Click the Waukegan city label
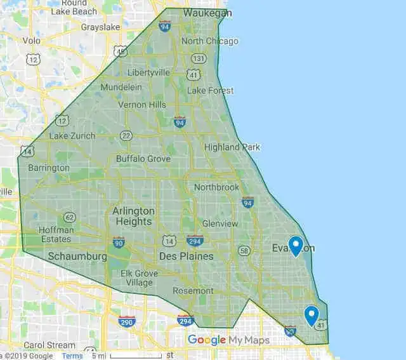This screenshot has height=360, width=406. click(207, 13)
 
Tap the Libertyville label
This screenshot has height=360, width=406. click(148, 72)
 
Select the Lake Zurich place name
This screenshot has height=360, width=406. click(72, 136)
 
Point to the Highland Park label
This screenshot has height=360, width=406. click(232, 147)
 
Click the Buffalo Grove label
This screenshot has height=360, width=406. click(143, 159)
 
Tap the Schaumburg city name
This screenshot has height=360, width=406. click(77, 257)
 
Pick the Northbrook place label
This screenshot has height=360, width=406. click(216, 187)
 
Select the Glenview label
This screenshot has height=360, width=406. click(219, 223)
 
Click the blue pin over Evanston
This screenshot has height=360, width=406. click(295, 244)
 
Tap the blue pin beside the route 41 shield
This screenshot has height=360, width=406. click(311, 314)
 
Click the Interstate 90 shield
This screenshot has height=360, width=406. click(119, 242)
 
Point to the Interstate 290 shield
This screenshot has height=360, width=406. click(126, 321)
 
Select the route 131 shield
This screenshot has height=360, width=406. click(199, 58)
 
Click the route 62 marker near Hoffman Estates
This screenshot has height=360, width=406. click(69, 218)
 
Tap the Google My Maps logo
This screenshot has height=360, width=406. click(228, 340)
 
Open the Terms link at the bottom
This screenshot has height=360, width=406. click(72, 356)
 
